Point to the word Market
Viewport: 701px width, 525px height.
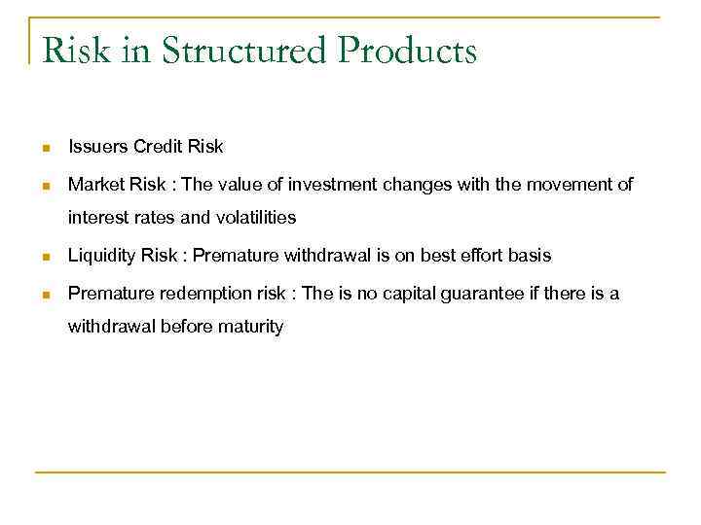[x=94, y=185]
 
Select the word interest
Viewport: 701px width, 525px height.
[x=97, y=217]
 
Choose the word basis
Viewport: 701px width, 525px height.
[x=532, y=256]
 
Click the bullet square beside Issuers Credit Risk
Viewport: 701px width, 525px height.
[x=44, y=149]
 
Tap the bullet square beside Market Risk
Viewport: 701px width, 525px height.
[x=44, y=186]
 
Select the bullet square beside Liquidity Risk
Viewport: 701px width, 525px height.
[x=44, y=257]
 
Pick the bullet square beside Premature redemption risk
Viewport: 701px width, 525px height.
[x=44, y=295]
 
